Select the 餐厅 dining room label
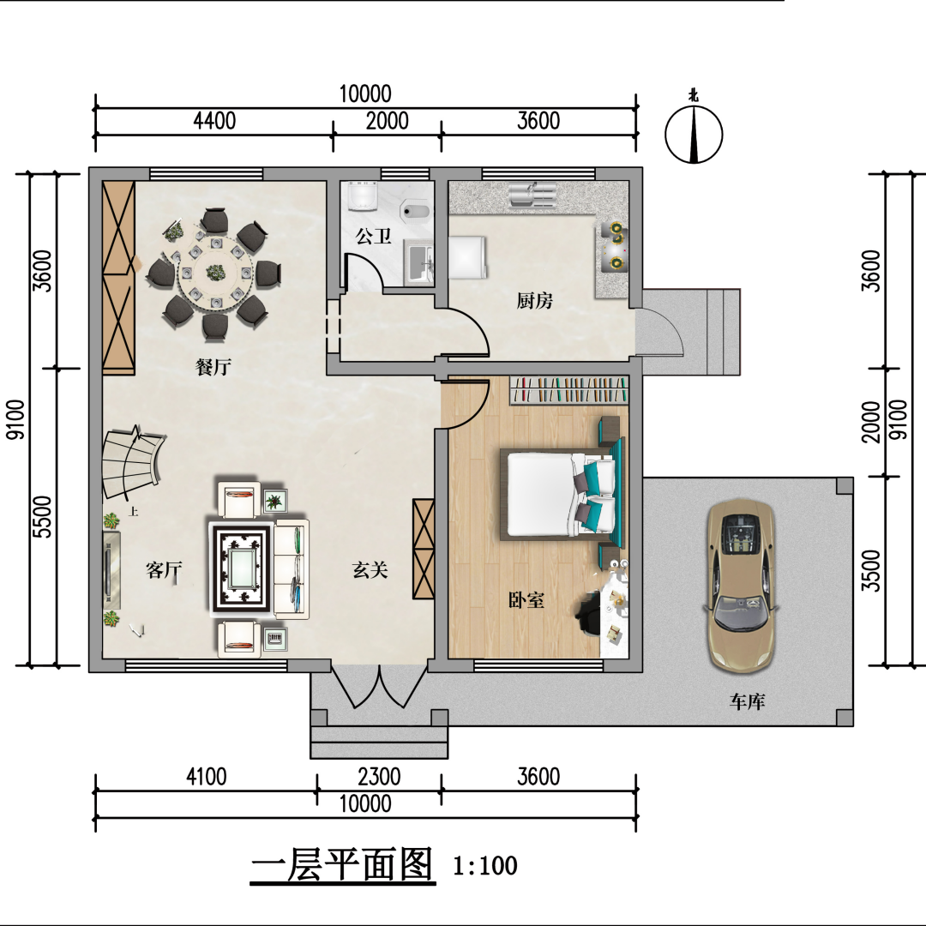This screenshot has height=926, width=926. click(x=213, y=367)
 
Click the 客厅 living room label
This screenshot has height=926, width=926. click(x=164, y=570)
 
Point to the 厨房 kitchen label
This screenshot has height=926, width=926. click(x=534, y=301)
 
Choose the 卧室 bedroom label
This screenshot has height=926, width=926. click(x=526, y=600)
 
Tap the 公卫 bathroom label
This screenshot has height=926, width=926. click(x=373, y=237)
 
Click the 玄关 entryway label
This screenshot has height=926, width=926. click(x=370, y=570)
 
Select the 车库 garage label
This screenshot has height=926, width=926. click(x=747, y=701)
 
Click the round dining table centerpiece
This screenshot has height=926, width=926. click(x=214, y=273)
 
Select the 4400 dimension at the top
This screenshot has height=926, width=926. click(x=214, y=121)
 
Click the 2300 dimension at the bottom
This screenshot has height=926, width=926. click(x=379, y=776)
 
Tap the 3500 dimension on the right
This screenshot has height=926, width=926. click(x=871, y=570)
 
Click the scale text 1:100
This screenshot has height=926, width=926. click(x=484, y=866)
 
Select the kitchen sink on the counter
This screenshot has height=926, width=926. click(x=532, y=195)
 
